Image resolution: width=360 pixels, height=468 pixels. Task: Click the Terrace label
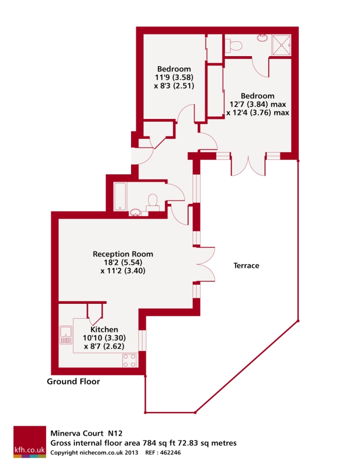click(x=246, y=265)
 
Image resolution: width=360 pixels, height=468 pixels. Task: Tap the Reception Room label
click(x=123, y=254)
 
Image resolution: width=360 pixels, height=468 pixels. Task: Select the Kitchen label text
click(x=105, y=330)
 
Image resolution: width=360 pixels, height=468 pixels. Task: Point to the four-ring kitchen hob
click(x=129, y=360)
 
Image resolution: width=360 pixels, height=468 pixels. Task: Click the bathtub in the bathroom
click(x=120, y=196)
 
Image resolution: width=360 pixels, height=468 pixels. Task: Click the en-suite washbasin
click(x=263, y=37)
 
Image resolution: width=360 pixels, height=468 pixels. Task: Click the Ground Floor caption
click(x=73, y=382)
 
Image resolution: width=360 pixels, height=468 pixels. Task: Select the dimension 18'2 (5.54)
click(x=123, y=263)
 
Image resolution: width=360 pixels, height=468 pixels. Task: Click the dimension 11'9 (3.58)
click(x=174, y=77)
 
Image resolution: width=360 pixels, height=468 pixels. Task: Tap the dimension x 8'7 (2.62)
click(x=104, y=346)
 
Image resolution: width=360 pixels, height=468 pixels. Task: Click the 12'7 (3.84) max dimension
click(x=257, y=104)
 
